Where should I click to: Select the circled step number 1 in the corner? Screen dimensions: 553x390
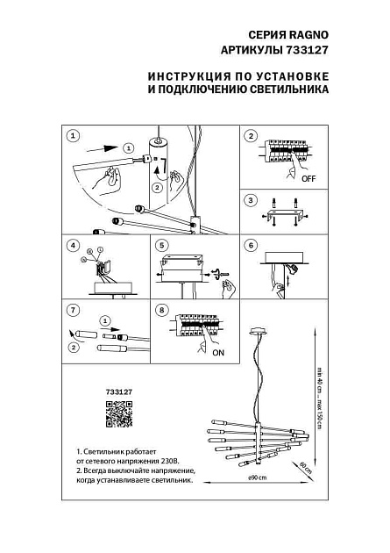coord(73,136)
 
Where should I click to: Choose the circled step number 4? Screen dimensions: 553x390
coord(73,245)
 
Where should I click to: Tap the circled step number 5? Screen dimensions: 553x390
coord(161,245)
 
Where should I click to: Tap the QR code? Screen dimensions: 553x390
coord(117,413)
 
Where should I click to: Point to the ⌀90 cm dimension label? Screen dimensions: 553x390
coord(257,478)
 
